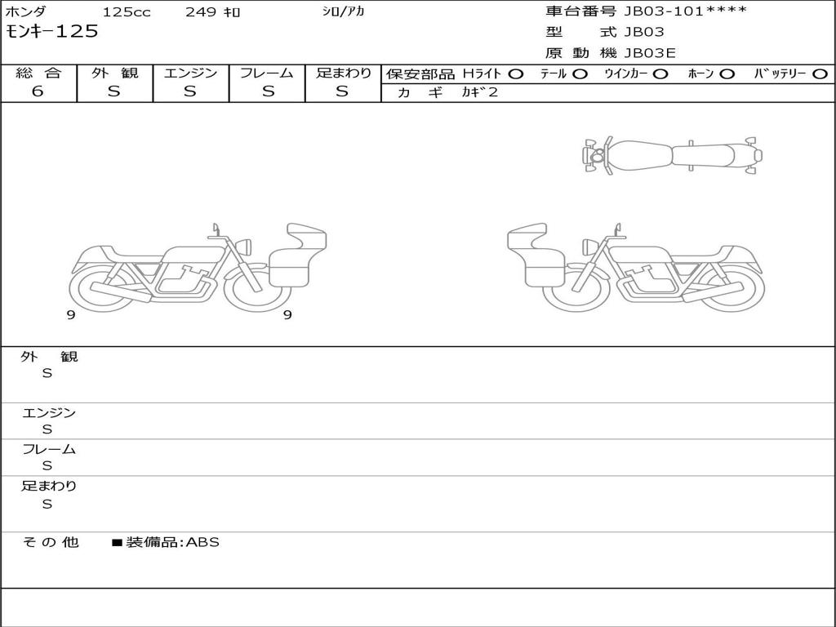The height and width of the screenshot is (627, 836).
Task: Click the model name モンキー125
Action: (51, 32)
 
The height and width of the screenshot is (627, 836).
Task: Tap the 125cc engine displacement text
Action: (127, 11)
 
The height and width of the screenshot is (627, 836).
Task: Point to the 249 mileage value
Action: (201, 11)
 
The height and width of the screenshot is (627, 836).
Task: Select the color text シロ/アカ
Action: (343, 11)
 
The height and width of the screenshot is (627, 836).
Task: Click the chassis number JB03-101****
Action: (685, 11)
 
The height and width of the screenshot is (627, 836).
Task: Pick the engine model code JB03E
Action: (650, 53)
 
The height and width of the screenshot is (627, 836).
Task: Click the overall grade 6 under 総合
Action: (38, 91)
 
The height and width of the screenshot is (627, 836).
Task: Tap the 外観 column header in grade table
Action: (114, 73)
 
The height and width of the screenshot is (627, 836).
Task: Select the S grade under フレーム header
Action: (268, 91)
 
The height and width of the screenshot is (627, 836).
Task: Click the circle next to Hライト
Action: (515, 74)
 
